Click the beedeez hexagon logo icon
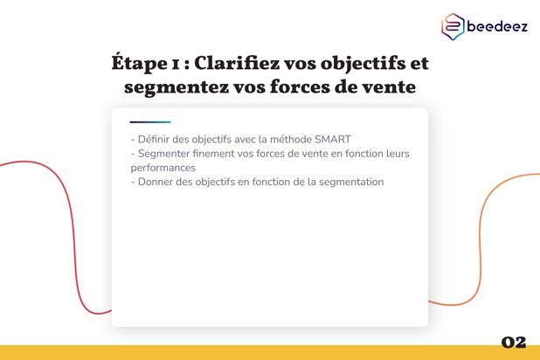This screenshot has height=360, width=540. coord(453,27)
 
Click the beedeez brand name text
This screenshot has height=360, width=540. coord(497,27)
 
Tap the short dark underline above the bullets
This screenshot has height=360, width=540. coord(150,121)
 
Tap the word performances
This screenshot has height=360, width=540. coord(163,168)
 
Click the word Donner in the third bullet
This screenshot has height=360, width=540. coord(158,182)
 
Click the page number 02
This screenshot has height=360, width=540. coord(514,342)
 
